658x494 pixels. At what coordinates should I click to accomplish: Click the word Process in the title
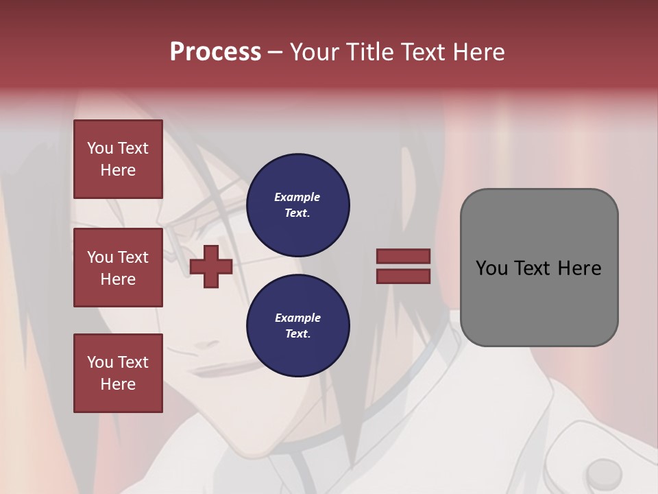(x=215, y=52)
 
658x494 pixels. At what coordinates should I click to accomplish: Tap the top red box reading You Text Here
(x=118, y=159)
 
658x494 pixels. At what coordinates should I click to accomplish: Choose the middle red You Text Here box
(x=118, y=268)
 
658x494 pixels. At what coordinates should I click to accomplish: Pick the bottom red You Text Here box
(x=118, y=373)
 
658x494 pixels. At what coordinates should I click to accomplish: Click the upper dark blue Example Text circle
(x=297, y=205)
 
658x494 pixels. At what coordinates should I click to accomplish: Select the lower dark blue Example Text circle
(x=297, y=326)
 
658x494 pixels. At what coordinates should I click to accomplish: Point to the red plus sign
(x=211, y=266)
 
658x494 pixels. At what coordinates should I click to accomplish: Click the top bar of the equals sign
(x=404, y=256)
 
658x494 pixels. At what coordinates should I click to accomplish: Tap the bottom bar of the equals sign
(x=404, y=277)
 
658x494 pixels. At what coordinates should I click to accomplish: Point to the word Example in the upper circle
(x=297, y=197)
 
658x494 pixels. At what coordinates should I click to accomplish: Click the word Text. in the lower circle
(x=297, y=334)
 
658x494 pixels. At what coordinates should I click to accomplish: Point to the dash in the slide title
(x=275, y=52)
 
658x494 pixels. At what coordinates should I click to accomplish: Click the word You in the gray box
(x=491, y=268)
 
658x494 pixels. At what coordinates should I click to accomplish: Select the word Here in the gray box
(x=580, y=268)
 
